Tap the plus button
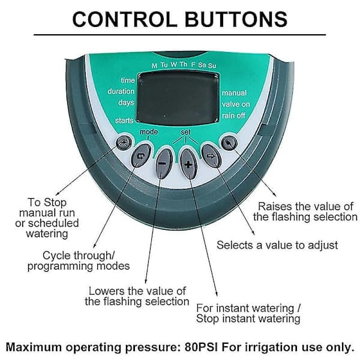click(188, 164)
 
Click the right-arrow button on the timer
click(211, 156)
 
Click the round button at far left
click(124, 142)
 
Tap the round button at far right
click(229, 143)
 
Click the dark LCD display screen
click(177, 98)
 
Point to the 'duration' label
click(121, 91)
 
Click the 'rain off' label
click(233, 115)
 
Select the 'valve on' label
click(236, 104)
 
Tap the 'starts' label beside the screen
click(124, 121)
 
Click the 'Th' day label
click(184, 64)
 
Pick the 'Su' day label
click(212, 65)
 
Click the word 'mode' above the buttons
click(149, 132)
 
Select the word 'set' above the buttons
click(185, 132)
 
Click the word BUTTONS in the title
click(236, 19)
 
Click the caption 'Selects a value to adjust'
click(277, 245)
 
